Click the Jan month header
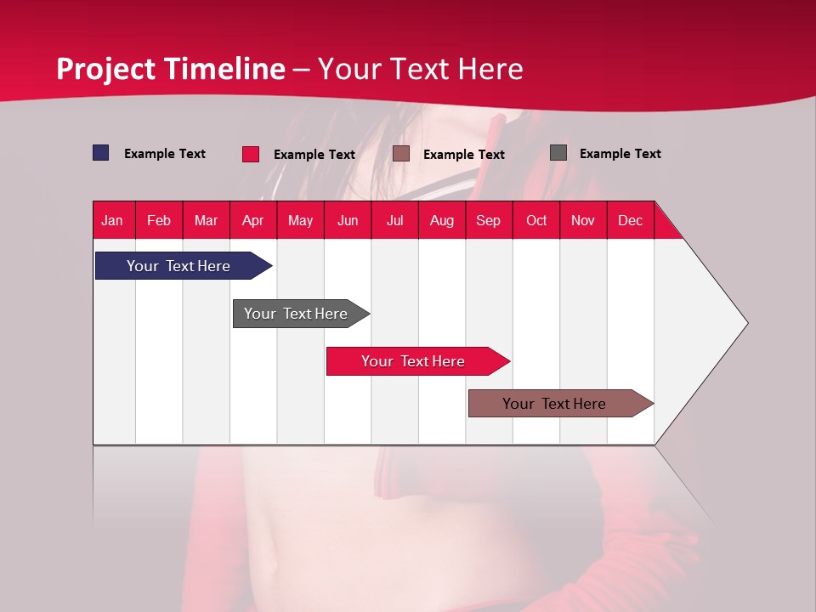(x=113, y=220)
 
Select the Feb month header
(x=159, y=220)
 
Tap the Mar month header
(x=206, y=220)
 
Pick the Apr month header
(x=253, y=220)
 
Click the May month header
(x=300, y=220)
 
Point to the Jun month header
(x=348, y=220)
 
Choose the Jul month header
(x=394, y=220)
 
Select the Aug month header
(x=442, y=220)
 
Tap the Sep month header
(x=489, y=220)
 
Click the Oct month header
(x=536, y=220)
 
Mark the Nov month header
(x=583, y=220)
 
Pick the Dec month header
(x=631, y=220)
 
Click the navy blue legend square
(x=101, y=153)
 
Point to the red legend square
(x=251, y=154)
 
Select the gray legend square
(x=558, y=153)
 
